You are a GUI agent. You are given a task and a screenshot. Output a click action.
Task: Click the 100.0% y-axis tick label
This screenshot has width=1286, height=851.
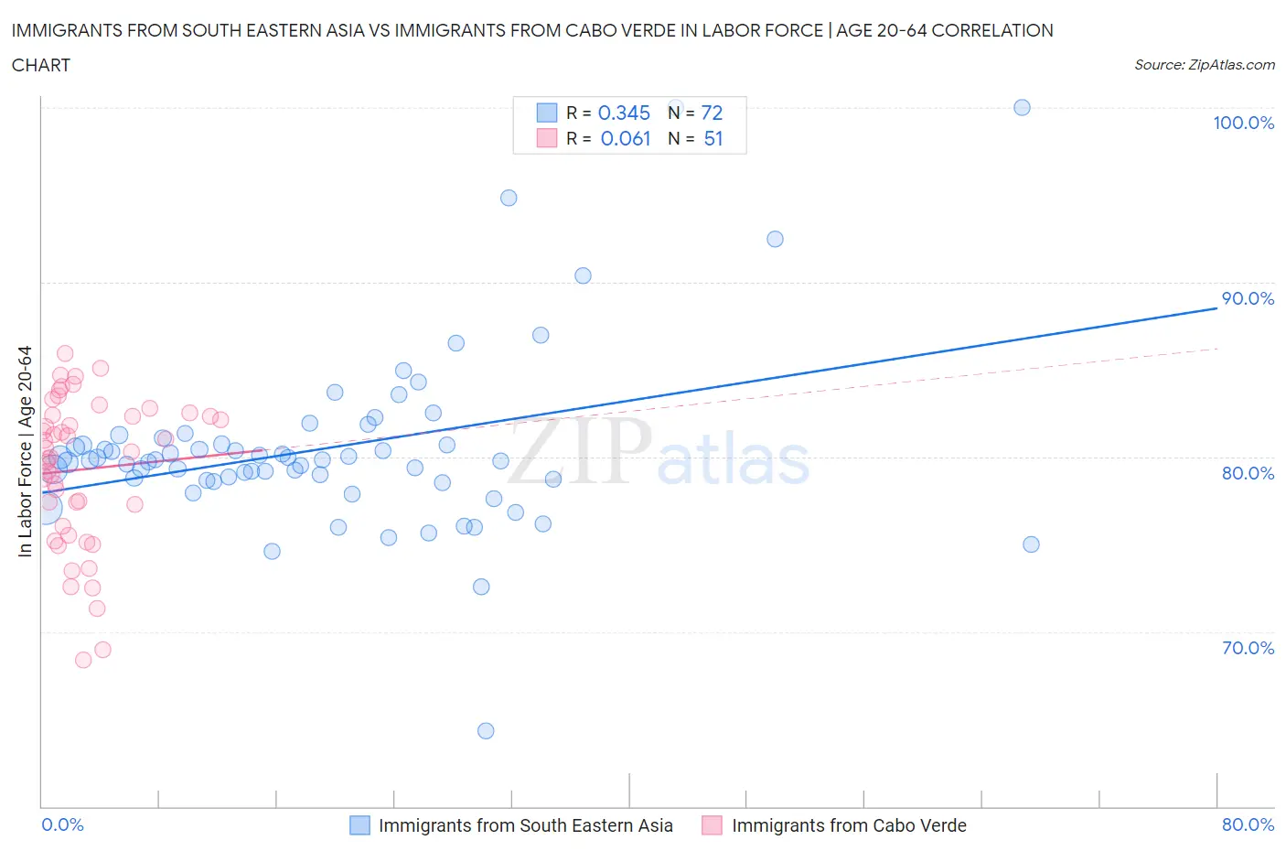click(1243, 123)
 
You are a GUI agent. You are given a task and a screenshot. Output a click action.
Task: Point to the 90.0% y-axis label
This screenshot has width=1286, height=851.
click(1248, 298)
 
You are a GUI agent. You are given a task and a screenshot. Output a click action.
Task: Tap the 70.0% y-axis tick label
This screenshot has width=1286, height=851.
click(1248, 648)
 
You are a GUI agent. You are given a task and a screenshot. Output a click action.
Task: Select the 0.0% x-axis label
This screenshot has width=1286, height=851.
click(62, 824)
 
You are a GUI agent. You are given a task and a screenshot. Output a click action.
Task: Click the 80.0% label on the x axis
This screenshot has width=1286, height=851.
click(1248, 824)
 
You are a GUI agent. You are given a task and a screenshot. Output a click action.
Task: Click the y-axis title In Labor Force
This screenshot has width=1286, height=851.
click(25, 450)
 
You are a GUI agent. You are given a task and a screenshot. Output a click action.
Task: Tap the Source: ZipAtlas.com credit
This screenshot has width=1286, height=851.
click(1204, 64)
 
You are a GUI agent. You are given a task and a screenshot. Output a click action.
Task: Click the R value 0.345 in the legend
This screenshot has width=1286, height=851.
click(624, 113)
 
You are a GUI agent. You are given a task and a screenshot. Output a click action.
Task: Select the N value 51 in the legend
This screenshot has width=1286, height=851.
click(713, 138)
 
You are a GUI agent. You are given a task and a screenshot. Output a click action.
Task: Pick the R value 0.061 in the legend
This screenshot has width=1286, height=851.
click(626, 138)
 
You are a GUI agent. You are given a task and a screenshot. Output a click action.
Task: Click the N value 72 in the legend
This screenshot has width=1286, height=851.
click(712, 113)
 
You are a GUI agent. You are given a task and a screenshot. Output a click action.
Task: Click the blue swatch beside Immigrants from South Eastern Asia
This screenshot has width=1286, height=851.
click(360, 825)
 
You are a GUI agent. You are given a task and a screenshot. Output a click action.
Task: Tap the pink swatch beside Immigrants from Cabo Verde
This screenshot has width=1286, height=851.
click(712, 825)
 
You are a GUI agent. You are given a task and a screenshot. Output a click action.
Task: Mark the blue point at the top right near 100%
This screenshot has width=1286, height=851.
click(1022, 108)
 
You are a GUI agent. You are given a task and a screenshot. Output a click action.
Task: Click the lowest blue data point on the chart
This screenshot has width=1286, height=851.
click(486, 730)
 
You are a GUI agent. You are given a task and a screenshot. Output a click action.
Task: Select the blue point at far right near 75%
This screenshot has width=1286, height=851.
click(1031, 544)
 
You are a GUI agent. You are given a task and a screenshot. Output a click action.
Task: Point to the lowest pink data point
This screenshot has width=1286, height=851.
click(83, 660)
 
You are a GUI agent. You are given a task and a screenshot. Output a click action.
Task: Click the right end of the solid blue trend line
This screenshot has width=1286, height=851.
click(1216, 308)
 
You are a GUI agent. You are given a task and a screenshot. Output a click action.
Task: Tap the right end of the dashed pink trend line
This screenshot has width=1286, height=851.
click(1217, 349)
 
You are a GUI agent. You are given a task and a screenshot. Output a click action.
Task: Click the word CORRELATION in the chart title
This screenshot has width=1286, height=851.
click(995, 30)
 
